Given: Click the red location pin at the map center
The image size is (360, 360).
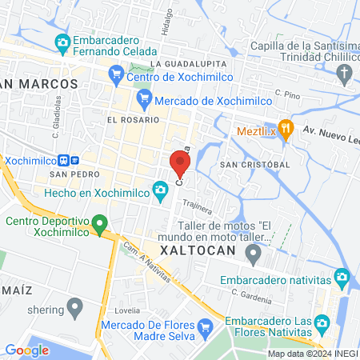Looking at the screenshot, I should coord(179,163).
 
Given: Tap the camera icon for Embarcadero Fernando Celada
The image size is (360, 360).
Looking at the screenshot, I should coord(62,42).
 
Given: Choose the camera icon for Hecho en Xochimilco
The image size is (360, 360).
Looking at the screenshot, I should coord(161,189).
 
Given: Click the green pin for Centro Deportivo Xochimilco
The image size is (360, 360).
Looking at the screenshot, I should coord(100,224).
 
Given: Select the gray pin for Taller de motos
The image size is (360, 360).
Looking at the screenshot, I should coord(254,256).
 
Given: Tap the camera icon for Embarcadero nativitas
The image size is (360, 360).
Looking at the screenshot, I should coord(342,278).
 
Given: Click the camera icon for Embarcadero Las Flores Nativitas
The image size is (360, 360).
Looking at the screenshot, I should coord(322,324).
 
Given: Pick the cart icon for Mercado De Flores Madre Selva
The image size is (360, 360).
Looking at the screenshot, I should coord(204,326).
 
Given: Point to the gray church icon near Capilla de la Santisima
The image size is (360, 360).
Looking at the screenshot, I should coord(344,75).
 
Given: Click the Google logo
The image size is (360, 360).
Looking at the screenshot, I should coord(26,350).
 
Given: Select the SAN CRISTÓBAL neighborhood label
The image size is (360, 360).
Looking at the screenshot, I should coord(254,164).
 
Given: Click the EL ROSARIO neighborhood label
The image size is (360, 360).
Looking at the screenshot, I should coord(127,118).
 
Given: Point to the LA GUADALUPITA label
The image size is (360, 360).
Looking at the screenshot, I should coord(188,63).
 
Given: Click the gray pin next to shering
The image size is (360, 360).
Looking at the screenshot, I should coord(76,306).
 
